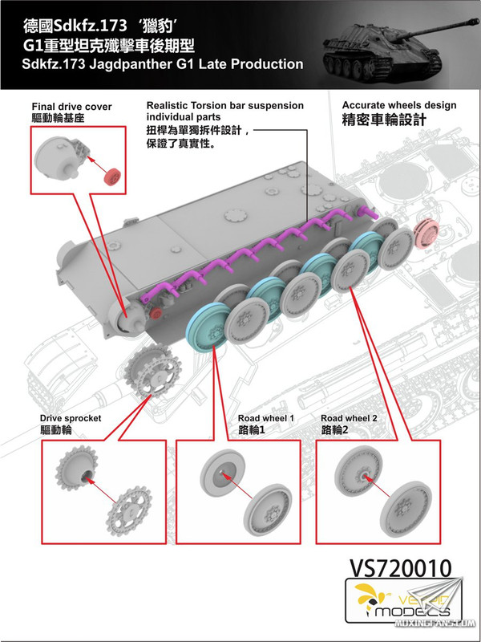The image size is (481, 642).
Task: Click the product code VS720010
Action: [x=400, y=569]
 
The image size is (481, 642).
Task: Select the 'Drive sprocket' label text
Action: [x=71, y=419]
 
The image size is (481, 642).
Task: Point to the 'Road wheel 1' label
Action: [x=266, y=419]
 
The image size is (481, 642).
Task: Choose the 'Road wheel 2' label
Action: [x=349, y=419]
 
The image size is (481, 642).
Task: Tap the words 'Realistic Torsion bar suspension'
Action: [x=224, y=106]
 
